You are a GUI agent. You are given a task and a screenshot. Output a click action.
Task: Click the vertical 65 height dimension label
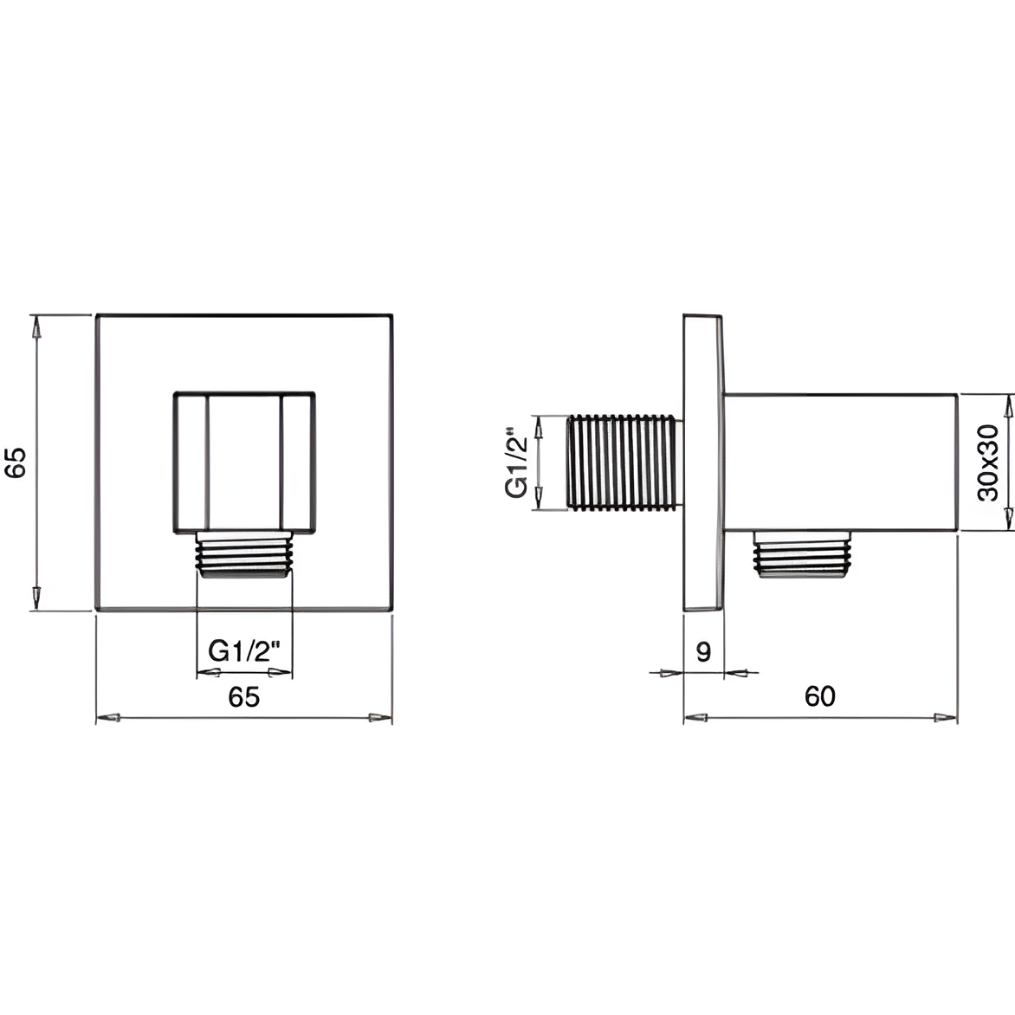16,462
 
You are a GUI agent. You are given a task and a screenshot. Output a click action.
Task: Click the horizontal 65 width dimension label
244,696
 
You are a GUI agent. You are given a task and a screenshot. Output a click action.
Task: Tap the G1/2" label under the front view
245,650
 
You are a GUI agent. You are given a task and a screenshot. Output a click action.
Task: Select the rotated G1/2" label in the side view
517,462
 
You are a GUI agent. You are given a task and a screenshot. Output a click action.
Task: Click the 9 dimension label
703,651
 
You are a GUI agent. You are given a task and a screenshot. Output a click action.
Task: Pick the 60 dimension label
819,696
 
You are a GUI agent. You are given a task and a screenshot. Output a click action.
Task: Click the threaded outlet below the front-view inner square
244,555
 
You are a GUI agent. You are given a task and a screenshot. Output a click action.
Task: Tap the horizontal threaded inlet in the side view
624,462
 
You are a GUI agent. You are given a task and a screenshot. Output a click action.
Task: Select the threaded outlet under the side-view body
802,554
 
